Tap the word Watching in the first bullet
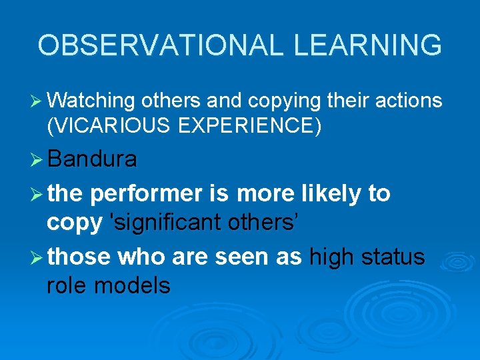click(x=91, y=101)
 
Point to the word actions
click(x=411, y=101)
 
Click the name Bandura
click(x=93, y=159)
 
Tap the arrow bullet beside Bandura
click(x=37, y=160)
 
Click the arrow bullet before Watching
click(x=37, y=101)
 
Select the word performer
click(x=146, y=194)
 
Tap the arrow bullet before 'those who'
click(x=37, y=256)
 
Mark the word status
click(x=394, y=255)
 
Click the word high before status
click(x=334, y=256)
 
